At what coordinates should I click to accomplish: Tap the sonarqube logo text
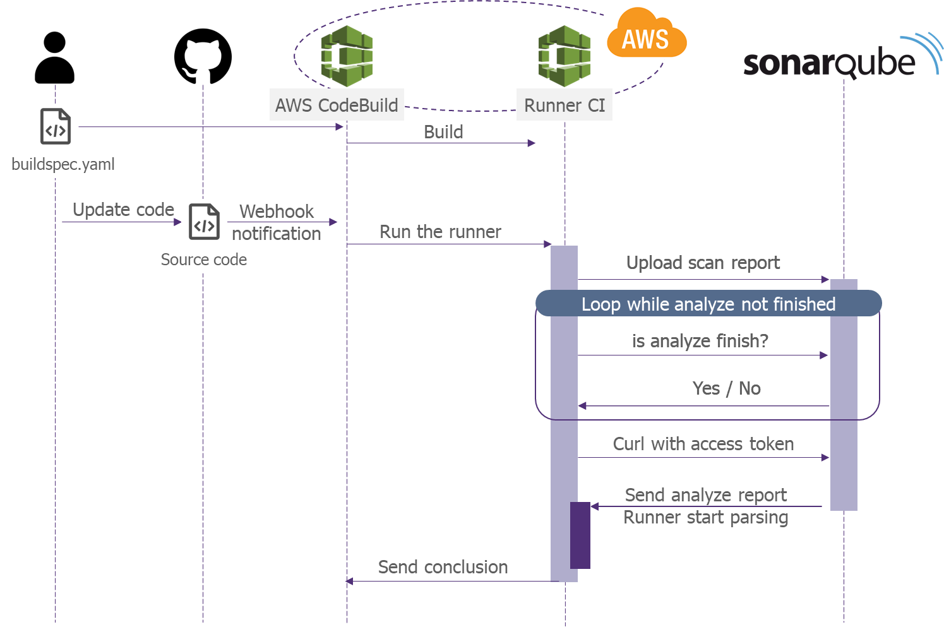coord(829,63)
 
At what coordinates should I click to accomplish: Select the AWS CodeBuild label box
coord(337,105)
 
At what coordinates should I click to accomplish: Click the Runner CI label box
coord(565,105)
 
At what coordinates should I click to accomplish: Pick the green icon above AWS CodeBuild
coord(347,56)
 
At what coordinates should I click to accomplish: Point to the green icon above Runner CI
coord(565,56)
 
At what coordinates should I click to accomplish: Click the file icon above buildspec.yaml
coord(56,126)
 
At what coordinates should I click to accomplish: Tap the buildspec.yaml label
coord(63,164)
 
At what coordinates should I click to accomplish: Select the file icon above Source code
coord(205,222)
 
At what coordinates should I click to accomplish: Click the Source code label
coord(204,260)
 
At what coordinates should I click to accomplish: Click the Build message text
coord(443,132)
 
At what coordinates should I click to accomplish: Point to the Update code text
coord(123,210)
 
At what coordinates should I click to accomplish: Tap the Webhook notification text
coord(277,222)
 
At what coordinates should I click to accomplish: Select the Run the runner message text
coord(440,232)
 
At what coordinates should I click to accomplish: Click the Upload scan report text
coord(703,263)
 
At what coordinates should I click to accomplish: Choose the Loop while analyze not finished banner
coord(708,304)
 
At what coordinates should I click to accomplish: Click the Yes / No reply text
coord(726,388)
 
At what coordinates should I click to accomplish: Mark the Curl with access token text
coord(703,444)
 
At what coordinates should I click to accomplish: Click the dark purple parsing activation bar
coord(580,535)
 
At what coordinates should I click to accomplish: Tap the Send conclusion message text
coord(443,567)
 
